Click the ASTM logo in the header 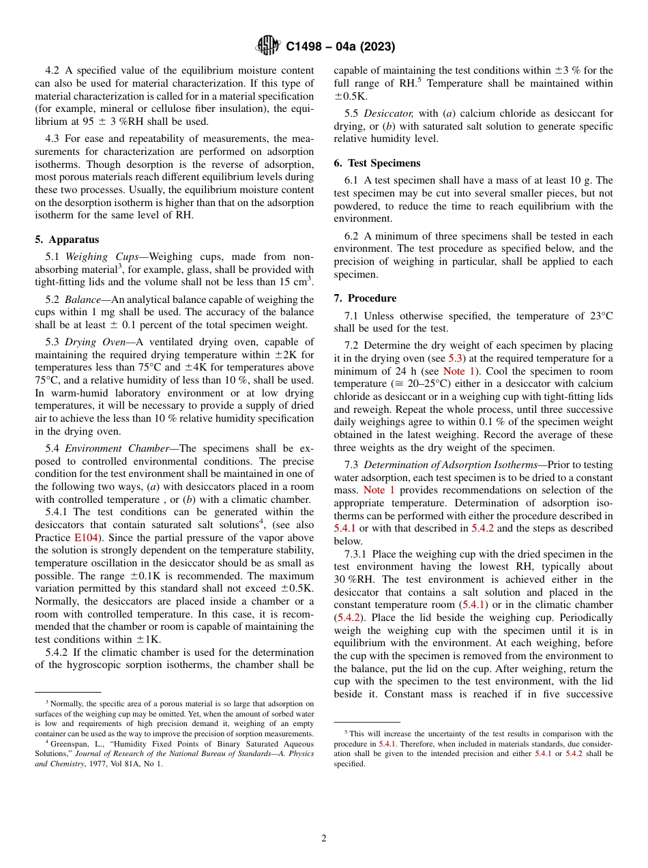pos(267,46)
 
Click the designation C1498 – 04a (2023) pos(340,47)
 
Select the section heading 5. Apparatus pos(67,240)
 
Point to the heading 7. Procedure pos(365,298)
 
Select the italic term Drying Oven pos(94,342)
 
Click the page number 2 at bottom pos(324,839)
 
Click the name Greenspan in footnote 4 pos(69,742)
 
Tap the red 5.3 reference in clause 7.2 pos(456,358)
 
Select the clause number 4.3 pos(53,139)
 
